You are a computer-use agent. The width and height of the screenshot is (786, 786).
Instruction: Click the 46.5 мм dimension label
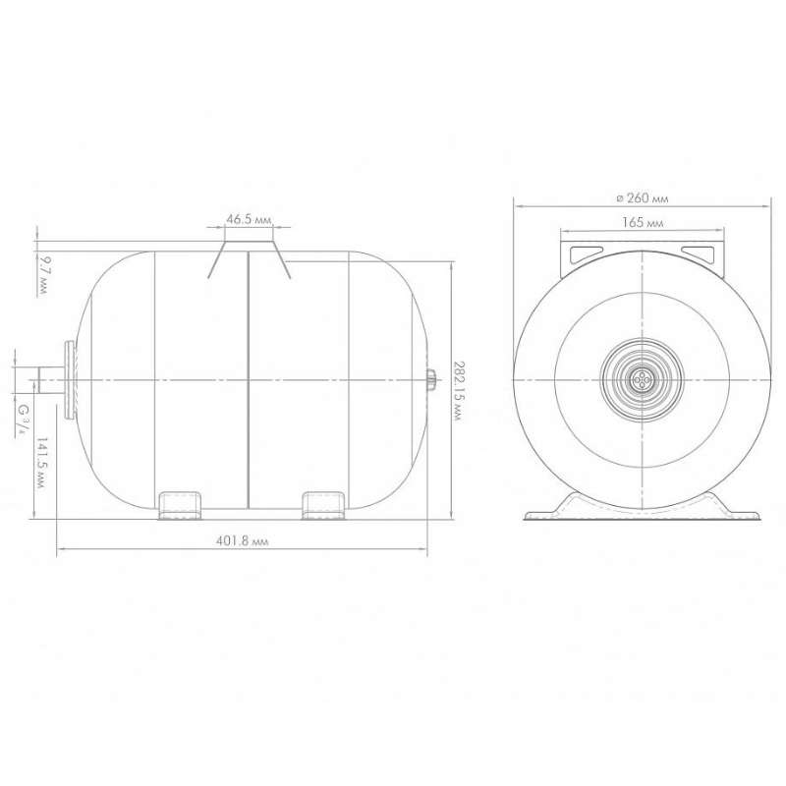(249, 219)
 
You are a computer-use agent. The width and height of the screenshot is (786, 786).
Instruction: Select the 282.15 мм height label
(457, 390)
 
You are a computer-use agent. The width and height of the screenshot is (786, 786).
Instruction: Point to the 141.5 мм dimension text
(41, 463)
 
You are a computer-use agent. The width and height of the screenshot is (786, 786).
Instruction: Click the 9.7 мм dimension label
(42, 275)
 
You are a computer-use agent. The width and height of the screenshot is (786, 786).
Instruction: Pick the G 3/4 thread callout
(22, 421)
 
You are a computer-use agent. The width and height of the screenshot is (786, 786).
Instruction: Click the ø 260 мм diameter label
(643, 198)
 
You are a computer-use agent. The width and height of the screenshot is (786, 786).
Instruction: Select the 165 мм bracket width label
(643, 223)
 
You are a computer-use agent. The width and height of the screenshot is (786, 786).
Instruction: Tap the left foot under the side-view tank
(180, 505)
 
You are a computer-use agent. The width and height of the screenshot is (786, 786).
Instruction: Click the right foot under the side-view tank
(323, 505)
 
